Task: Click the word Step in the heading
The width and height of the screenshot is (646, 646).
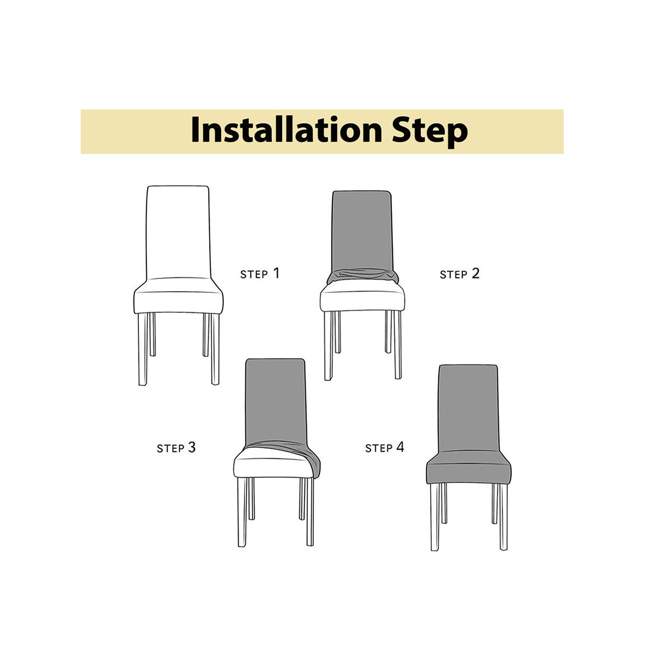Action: coord(429,130)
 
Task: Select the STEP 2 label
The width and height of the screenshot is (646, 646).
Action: coord(459,273)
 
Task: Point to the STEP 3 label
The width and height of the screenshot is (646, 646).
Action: coord(176,447)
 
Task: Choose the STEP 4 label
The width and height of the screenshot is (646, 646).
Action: coord(384,447)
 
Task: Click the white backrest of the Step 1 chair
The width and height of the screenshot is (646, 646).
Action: coord(178,231)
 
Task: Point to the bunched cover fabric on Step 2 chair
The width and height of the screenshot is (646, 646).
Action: coord(362,276)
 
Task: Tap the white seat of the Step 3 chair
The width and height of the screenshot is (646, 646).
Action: coord(269,463)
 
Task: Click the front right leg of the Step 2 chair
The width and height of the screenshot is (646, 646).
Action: coord(397,345)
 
